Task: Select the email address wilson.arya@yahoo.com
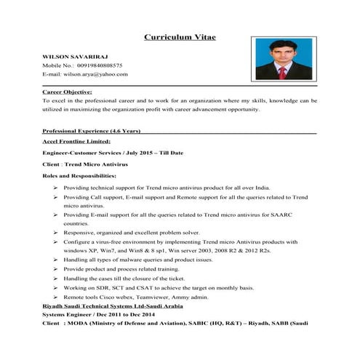pyautogui.click(x=95, y=75)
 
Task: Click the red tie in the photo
pyautogui.click(x=282, y=72)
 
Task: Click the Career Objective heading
pyautogui.click(x=67, y=92)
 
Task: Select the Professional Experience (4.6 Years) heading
pyautogui.click(x=97, y=130)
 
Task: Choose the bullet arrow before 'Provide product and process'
pyautogui.click(x=56, y=269)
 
